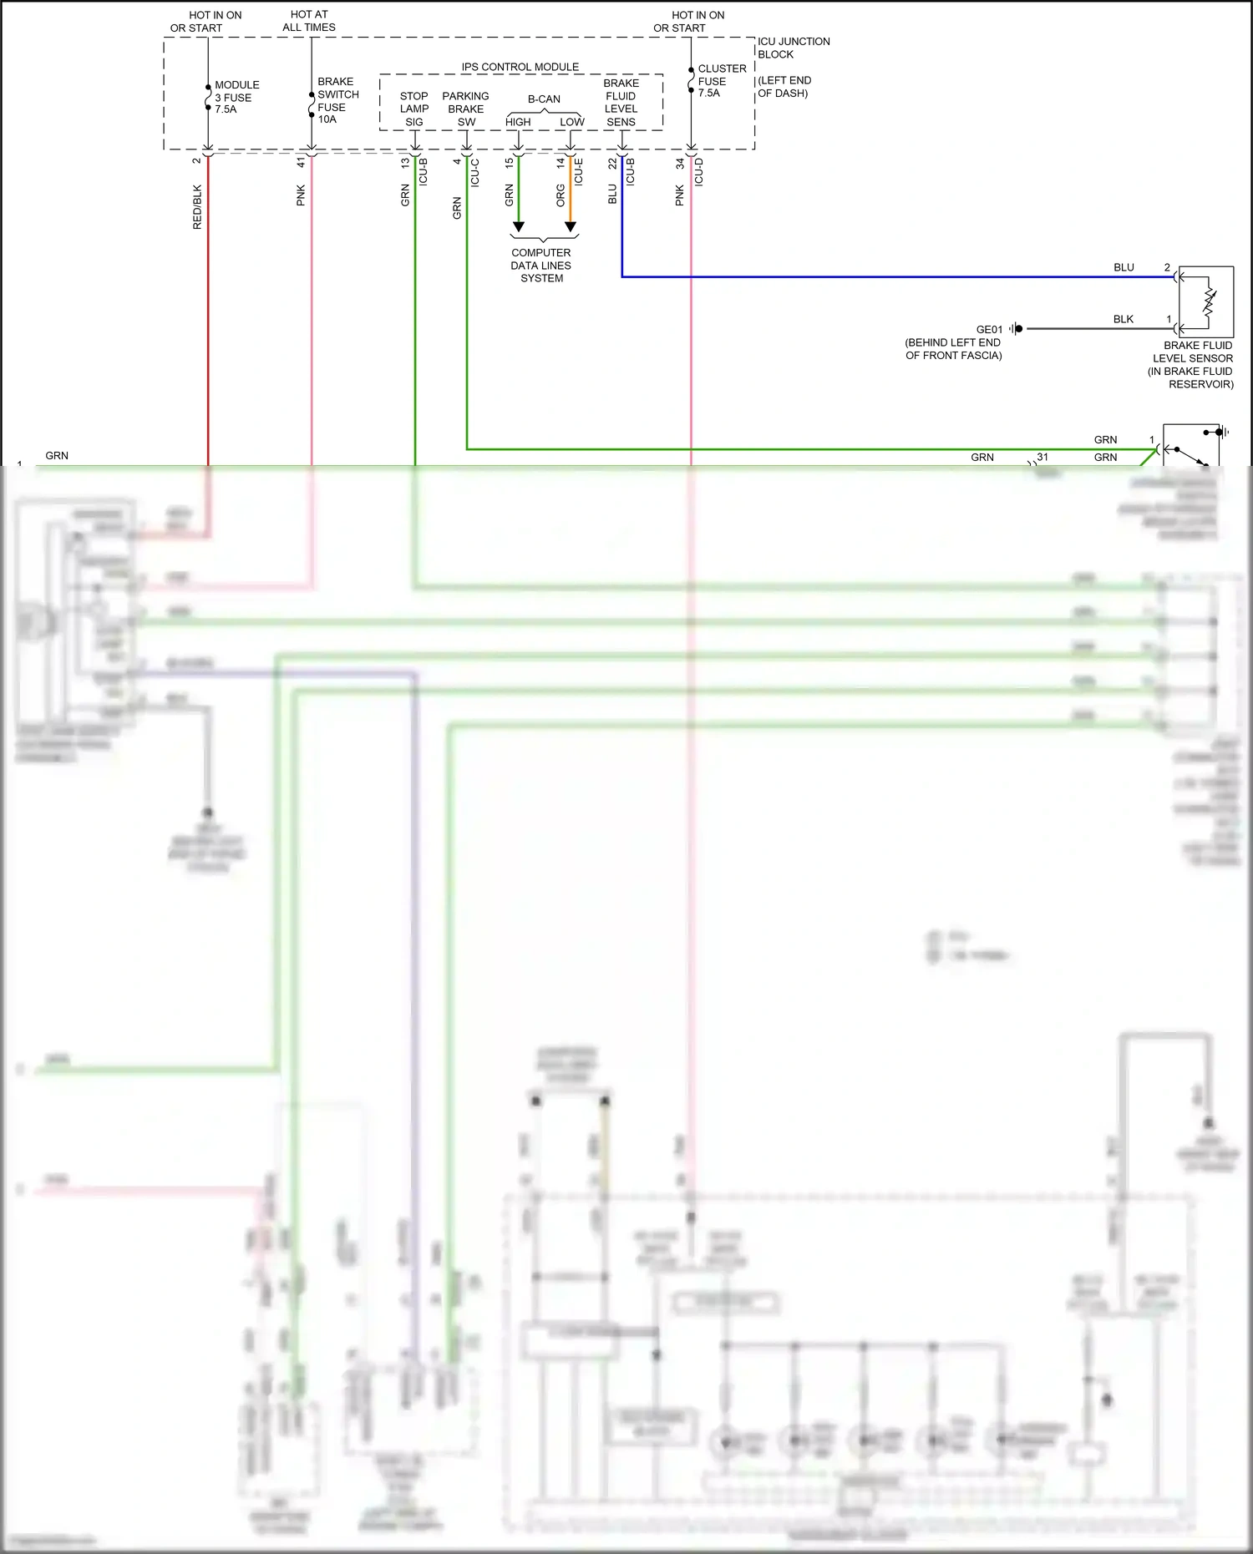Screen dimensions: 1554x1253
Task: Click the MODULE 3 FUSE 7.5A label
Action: click(236, 97)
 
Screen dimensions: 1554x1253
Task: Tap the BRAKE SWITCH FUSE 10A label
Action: click(337, 100)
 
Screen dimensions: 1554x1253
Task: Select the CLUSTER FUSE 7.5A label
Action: click(722, 81)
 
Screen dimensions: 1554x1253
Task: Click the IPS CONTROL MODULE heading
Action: click(520, 67)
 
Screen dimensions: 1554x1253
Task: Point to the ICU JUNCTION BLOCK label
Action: click(793, 48)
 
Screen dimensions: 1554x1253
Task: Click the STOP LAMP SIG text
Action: click(413, 109)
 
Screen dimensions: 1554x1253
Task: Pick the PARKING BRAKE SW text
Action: click(465, 109)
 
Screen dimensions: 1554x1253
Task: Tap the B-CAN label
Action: click(544, 99)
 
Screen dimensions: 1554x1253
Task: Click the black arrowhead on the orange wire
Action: click(571, 227)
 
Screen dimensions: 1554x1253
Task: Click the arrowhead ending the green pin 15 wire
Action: click(518, 227)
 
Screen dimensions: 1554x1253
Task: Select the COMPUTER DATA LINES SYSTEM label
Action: click(541, 266)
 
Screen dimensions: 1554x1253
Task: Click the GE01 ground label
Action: click(989, 329)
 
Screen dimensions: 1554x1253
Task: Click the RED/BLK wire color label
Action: click(197, 207)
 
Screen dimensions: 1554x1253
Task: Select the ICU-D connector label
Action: click(699, 171)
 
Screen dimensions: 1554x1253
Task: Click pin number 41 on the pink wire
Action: click(301, 163)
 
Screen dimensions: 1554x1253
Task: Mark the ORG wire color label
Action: click(561, 196)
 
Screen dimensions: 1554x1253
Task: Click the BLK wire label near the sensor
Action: click(1123, 319)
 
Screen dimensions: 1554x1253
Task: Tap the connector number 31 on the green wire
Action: click(1042, 457)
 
